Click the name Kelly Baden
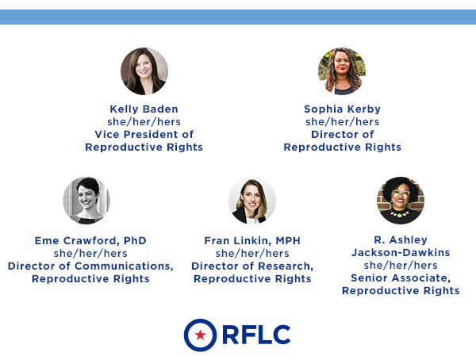point(144,109)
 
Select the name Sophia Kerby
point(342,109)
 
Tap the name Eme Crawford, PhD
point(90,241)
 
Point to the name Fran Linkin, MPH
point(252,241)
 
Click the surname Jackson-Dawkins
point(401,252)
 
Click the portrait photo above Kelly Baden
point(144,71)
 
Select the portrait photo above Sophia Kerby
point(342,71)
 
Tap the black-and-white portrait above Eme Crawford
point(86,201)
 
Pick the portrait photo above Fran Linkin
point(252,201)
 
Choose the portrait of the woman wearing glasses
point(401,201)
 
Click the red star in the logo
point(201,335)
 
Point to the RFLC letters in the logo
point(256,335)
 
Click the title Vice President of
point(144,134)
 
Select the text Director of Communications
point(90,266)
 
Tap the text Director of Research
point(252,266)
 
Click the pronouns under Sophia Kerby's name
point(342,122)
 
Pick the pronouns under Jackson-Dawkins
point(401,266)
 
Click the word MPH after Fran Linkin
point(288,241)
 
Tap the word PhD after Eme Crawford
point(135,241)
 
